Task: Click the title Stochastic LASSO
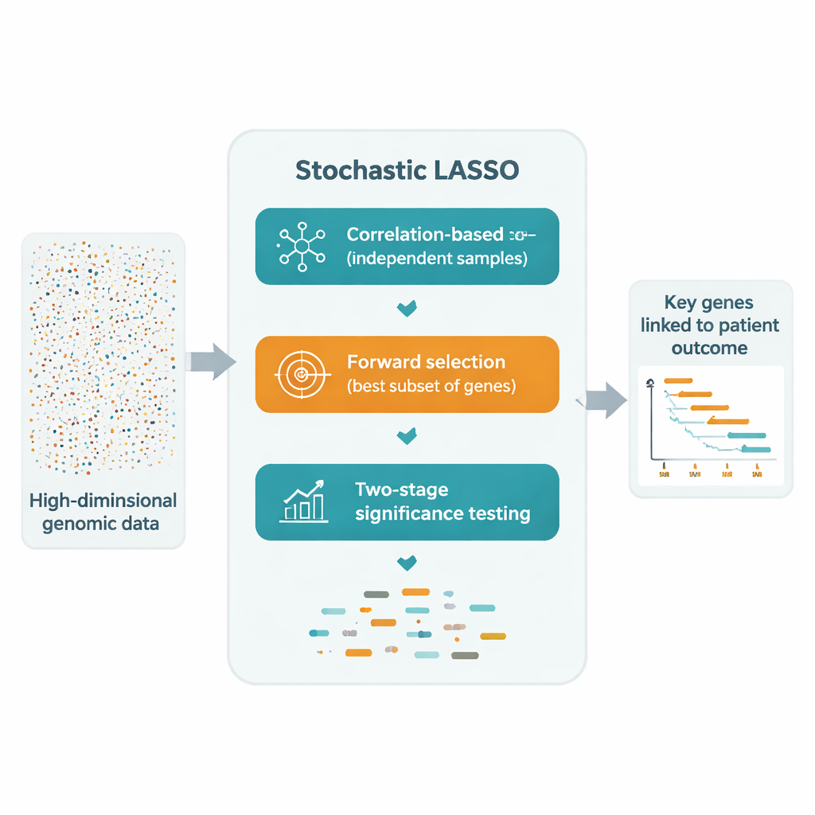pos(407,170)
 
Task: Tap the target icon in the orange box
pos(300,374)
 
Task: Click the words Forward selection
pos(426,362)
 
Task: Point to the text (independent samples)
pos(437,259)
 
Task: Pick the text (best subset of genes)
pos(431,388)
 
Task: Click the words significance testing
pos(443,513)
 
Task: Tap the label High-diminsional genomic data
pos(103,512)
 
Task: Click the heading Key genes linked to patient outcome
pos(710,326)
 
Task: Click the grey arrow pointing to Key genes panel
pos(606,400)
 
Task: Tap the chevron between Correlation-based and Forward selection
pos(407,307)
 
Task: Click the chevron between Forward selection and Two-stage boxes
pos(407,435)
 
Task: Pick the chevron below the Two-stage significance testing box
pos(407,563)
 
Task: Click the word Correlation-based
pos(425,235)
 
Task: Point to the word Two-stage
pos(402,489)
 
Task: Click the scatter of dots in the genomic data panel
pos(103,358)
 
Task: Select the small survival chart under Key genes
pos(710,426)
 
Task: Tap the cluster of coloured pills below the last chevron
pos(407,625)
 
